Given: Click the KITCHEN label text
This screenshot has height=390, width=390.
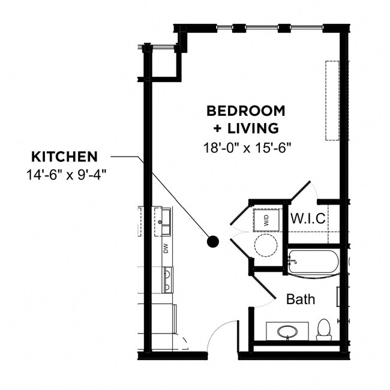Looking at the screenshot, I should point(64,157).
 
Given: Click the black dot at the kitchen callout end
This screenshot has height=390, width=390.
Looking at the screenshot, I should point(212,242).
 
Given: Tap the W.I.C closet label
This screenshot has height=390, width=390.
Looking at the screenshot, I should point(308,219).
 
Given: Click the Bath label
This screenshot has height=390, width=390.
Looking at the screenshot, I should point(300,299).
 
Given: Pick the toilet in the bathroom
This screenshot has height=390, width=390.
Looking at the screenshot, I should point(323,329).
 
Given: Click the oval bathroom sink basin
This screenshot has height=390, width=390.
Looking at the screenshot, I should point(287,331).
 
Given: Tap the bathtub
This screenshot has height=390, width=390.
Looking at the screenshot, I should point(313,263).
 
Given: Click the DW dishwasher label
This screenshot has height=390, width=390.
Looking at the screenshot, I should point(166,248).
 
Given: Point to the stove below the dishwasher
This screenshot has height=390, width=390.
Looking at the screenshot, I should point(166,279).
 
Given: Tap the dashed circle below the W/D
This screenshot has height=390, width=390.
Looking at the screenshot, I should point(265,245).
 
